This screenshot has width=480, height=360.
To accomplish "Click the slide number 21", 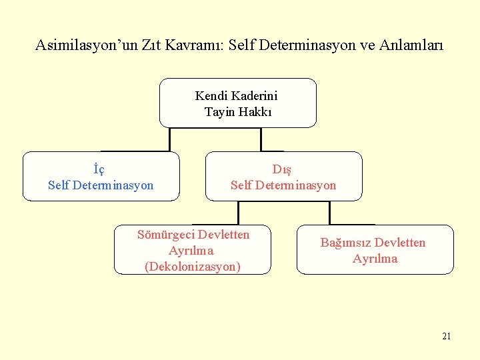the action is pyautogui.click(x=446, y=336).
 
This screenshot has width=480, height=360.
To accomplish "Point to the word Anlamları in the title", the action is pyautogui.click(x=411, y=46).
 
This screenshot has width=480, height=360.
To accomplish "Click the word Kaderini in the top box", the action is pyautogui.click(x=253, y=96).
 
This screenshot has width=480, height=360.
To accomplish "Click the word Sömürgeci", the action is pyautogui.click(x=165, y=235).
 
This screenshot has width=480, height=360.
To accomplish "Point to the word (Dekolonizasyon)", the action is pyautogui.click(x=192, y=267).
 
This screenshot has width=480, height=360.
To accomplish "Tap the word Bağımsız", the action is pyautogui.click(x=345, y=243).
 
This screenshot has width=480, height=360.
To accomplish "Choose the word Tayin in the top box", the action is pyautogui.click(x=218, y=112).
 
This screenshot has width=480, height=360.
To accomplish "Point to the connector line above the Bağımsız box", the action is pyautogui.click(x=330, y=212).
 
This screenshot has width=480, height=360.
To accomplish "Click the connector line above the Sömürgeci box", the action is pyautogui.click(x=238, y=211).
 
